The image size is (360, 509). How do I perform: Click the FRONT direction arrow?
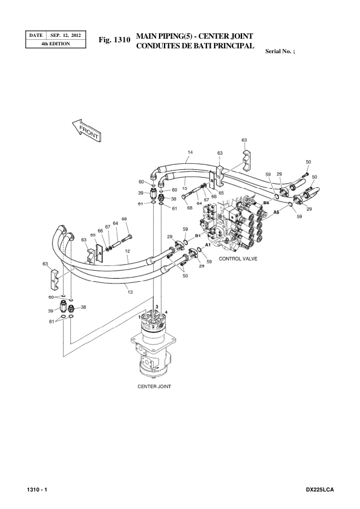pos(85,130)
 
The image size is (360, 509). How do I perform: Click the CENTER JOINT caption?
pos(154,387)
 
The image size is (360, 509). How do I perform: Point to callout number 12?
pos(128,251)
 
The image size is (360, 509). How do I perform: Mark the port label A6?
pos(276,213)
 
